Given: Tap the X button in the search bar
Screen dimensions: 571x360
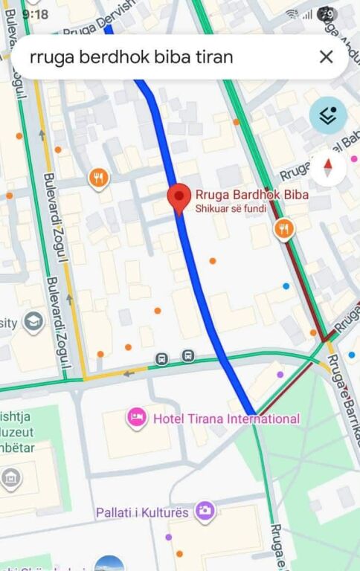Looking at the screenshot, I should (x=326, y=57).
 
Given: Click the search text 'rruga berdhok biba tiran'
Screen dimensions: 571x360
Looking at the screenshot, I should (x=131, y=57).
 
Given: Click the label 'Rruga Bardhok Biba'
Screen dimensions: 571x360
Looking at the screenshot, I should (x=251, y=196).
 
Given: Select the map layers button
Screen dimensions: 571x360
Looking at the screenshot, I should (x=328, y=116).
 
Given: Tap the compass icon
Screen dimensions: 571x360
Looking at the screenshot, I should (x=328, y=168).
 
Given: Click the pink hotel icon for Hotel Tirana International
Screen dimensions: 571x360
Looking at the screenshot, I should (x=136, y=418).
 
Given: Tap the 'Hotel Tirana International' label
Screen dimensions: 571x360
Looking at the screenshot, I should (x=226, y=419).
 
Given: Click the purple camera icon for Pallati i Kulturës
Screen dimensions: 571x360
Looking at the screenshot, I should (x=205, y=511).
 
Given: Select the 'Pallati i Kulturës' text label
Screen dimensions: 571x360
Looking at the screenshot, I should (x=144, y=512).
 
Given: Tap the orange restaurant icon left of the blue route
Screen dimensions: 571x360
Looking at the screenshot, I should (x=98, y=178).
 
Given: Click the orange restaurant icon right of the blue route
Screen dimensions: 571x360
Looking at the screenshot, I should (x=283, y=228).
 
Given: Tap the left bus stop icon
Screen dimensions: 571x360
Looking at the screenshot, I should (x=161, y=359).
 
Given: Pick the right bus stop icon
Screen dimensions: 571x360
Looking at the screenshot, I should (x=187, y=356).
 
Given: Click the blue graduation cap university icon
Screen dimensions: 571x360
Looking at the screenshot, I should (x=33, y=322).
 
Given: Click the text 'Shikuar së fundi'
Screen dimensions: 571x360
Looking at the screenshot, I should (x=231, y=209).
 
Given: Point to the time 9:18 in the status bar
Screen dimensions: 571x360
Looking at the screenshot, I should (x=35, y=14).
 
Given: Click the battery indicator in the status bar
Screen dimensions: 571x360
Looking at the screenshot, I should (x=327, y=13).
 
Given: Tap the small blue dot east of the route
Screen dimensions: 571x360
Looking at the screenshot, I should (x=286, y=285).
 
